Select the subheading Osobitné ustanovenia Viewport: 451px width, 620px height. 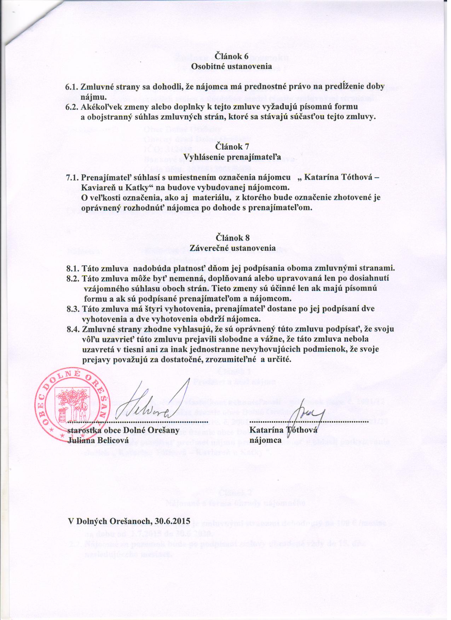(x=231, y=66)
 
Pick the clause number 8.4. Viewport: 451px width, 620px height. (x=74, y=329)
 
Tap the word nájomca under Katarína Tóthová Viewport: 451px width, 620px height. (x=265, y=441)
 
